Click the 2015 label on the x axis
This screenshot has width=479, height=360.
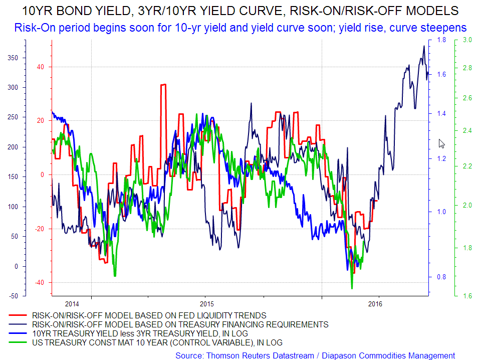click(x=206, y=304)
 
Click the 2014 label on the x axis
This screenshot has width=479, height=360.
click(x=72, y=304)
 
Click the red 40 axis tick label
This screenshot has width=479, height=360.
click(x=40, y=67)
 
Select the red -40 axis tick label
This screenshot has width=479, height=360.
click(x=39, y=283)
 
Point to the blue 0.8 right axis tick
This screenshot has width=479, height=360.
click(x=441, y=277)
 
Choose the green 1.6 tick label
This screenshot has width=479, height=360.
click(x=466, y=296)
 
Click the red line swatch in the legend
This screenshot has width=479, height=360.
click(x=18, y=316)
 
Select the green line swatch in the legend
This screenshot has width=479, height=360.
click(x=18, y=343)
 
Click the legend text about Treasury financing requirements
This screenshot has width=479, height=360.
click(x=180, y=325)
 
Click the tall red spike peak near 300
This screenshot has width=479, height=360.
click(x=163, y=85)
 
